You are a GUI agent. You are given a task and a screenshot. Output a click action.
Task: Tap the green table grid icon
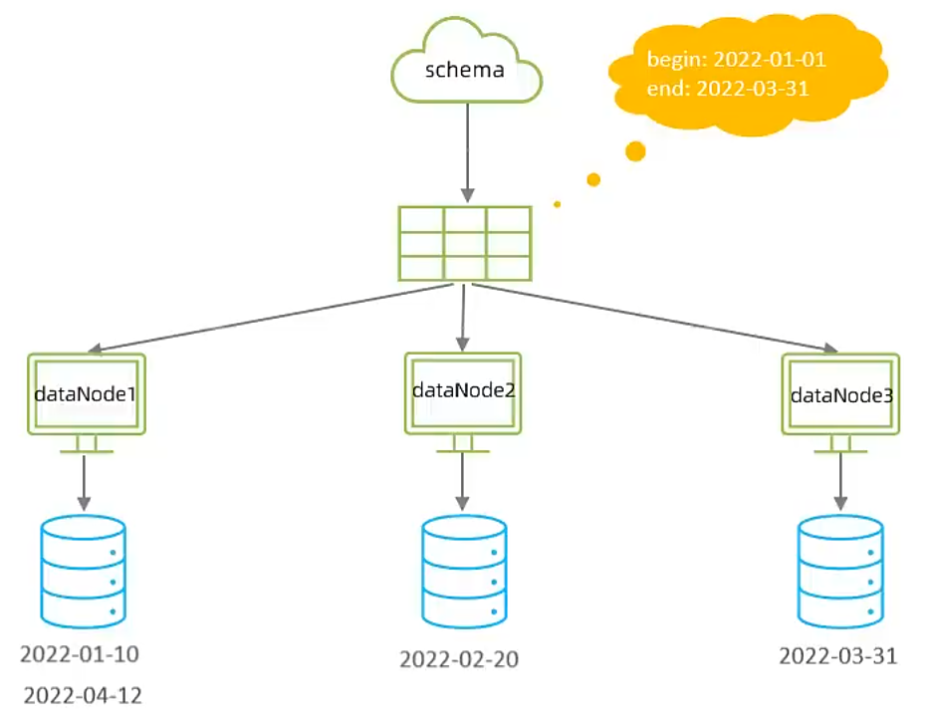click(464, 243)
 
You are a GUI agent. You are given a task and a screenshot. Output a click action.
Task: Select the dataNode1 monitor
click(85, 394)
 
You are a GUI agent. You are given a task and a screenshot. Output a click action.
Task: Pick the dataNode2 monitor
click(463, 391)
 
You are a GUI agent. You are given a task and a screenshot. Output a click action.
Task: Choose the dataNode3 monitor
click(841, 394)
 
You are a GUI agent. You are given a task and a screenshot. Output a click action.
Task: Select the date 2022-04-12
click(83, 695)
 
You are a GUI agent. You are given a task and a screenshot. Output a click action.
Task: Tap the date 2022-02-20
click(459, 659)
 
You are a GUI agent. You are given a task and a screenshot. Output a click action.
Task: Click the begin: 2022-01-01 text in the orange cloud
click(736, 60)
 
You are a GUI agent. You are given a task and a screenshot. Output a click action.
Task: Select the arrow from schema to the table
click(465, 149)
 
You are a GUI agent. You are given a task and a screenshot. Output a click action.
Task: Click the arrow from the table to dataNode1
click(269, 318)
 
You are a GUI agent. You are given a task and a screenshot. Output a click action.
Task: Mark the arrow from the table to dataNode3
click(657, 318)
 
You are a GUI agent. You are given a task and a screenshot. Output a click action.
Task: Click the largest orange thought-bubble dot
click(634, 151)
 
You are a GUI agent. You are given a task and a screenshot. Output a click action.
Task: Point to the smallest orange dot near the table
click(558, 204)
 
